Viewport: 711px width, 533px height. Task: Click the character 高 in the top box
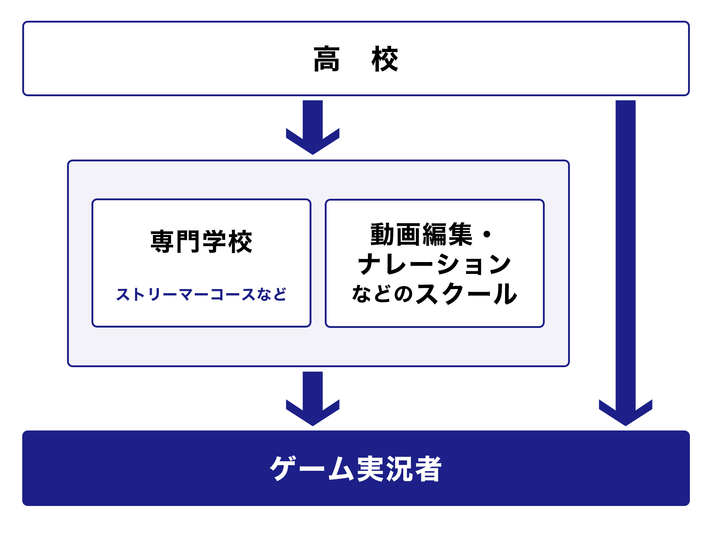coord(326,59)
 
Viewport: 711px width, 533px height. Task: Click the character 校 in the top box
coord(385,59)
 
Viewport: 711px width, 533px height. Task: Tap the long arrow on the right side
coord(625,259)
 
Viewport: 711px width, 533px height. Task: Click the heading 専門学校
coord(201,242)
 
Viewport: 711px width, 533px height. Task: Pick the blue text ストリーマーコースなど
coord(201,295)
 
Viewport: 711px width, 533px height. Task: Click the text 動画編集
coord(421,235)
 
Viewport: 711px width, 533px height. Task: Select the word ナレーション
coord(434,264)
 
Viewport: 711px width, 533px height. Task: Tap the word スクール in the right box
coord(466,294)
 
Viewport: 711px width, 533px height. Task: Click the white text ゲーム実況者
coord(355,469)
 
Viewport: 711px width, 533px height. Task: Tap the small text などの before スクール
coord(382,294)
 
